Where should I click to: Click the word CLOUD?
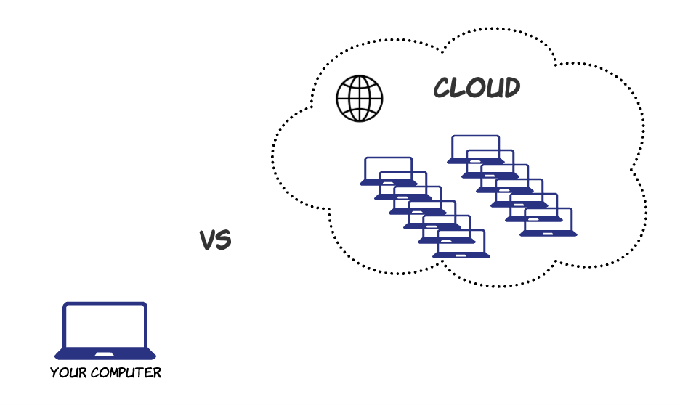(x=477, y=88)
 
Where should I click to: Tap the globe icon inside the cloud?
(x=359, y=99)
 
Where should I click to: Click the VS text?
(x=215, y=240)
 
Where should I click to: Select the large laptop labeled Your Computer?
(x=105, y=331)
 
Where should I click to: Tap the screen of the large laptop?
(x=105, y=325)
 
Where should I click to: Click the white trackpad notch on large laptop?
(x=105, y=354)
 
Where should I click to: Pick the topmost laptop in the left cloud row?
(x=388, y=171)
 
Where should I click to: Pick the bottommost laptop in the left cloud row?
(x=461, y=245)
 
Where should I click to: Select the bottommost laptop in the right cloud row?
(x=549, y=223)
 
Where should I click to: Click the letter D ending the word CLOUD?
(x=511, y=88)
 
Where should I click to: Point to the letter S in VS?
(x=223, y=240)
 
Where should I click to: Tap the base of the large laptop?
(x=105, y=355)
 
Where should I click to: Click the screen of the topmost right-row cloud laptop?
(x=475, y=145)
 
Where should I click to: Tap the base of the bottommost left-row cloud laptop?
(x=461, y=255)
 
